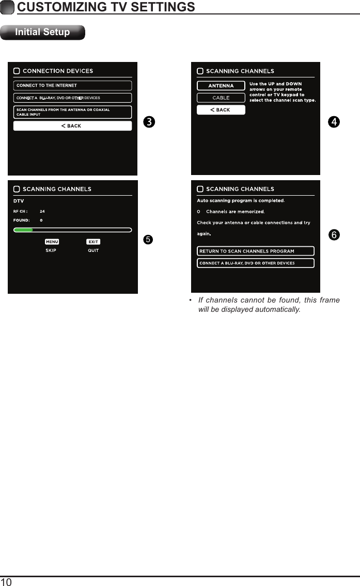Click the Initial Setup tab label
coord(42,32)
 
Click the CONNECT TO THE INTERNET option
coord(72,86)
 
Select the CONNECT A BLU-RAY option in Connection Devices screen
coord(72,98)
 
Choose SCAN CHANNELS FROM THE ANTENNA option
coord(72,112)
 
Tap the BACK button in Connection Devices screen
coord(72,126)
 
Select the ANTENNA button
coord(221,86)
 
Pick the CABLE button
coord(221,98)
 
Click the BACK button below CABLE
coord(221,110)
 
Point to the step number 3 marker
coord(148,122)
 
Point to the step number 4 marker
coord(335,122)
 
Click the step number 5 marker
coord(148,240)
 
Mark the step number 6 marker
coord(335,235)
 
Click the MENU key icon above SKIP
coord(52,242)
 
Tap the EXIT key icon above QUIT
coord(93,242)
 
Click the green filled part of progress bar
coord(23,230)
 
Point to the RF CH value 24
coord(42,211)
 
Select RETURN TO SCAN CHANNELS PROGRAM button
coord(255,251)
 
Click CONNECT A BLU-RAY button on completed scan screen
coord(255,263)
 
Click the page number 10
coord(7,582)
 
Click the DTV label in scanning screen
coord(19,201)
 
